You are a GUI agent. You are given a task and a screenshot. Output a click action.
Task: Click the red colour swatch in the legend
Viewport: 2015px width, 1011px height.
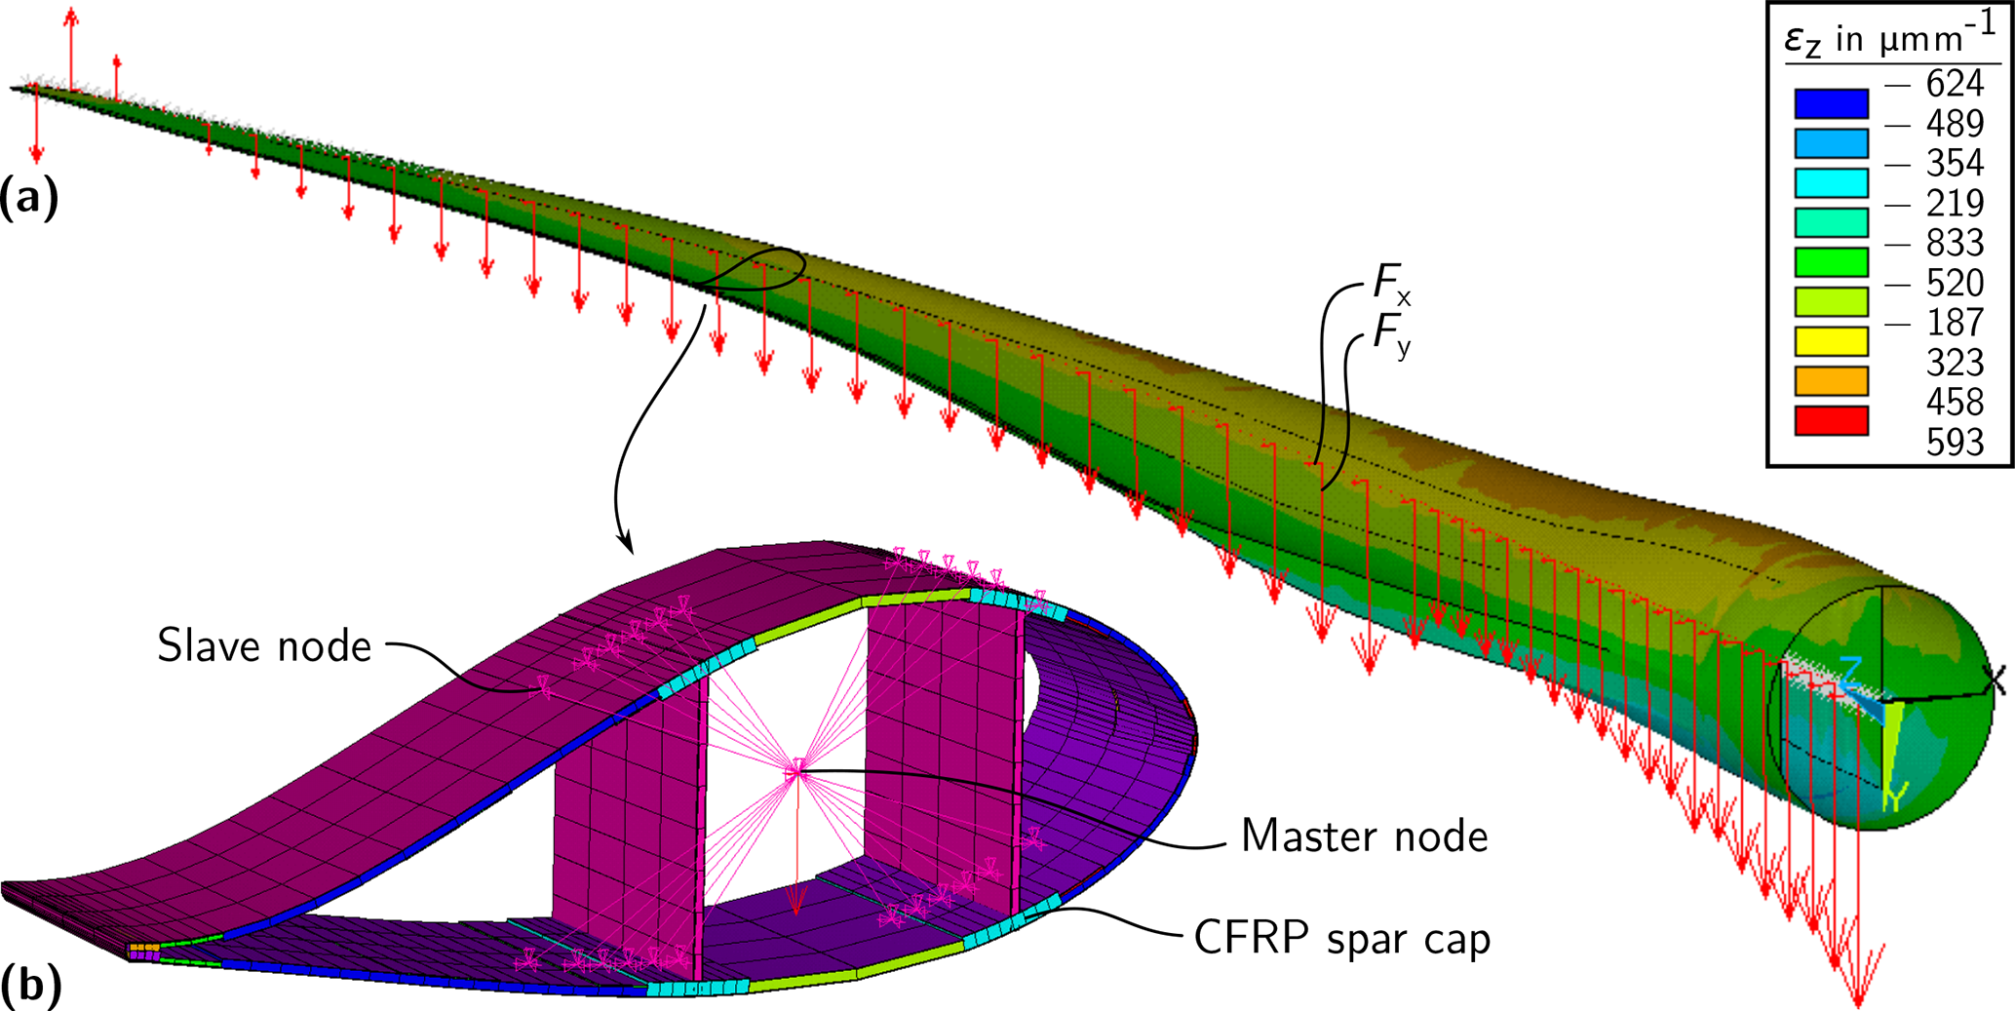tap(1831, 420)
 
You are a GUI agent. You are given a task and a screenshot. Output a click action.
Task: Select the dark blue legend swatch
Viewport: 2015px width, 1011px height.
tap(1831, 103)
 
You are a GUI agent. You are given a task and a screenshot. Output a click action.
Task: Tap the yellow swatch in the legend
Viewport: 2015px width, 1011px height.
tap(1831, 341)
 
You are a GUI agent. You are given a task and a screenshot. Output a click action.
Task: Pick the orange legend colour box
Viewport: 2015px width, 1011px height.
tap(1831, 380)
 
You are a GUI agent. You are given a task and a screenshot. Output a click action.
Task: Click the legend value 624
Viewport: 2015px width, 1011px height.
tap(1955, 85)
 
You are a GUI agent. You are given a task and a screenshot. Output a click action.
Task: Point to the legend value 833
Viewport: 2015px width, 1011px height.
tap(1955, 243)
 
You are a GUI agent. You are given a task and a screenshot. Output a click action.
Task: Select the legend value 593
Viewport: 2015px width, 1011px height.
tap(1955, 443)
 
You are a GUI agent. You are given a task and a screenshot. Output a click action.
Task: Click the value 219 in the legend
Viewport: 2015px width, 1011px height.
tap(1955, 203)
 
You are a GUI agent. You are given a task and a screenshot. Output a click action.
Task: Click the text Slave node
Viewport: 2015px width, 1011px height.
tap(264, 646)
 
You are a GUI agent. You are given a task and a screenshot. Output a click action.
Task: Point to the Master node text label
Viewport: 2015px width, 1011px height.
tap(1364, 836)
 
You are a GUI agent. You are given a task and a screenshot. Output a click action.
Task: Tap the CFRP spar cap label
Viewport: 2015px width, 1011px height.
tap(1342, 939)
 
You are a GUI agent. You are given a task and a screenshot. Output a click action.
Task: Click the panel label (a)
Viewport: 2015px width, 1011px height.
tap(29, 198)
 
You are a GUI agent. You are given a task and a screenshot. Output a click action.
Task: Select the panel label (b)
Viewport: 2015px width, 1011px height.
tap(31, 985)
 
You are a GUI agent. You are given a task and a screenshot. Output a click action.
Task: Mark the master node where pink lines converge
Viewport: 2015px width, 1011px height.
tap(797, 771)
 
